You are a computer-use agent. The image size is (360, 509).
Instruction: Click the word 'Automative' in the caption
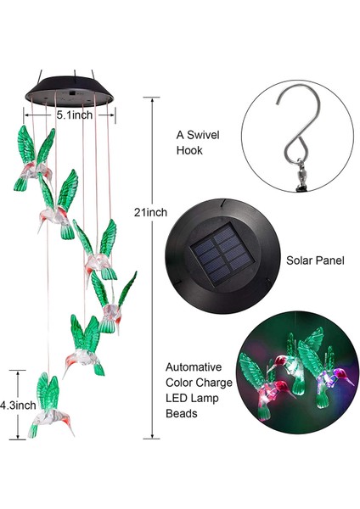(x=195, y=367)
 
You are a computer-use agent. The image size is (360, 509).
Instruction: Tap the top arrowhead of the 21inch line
(x=153, y=97)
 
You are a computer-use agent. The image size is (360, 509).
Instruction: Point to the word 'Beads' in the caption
(x=183, y=413)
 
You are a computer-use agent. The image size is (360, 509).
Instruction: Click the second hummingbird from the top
(x=58, y=202)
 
